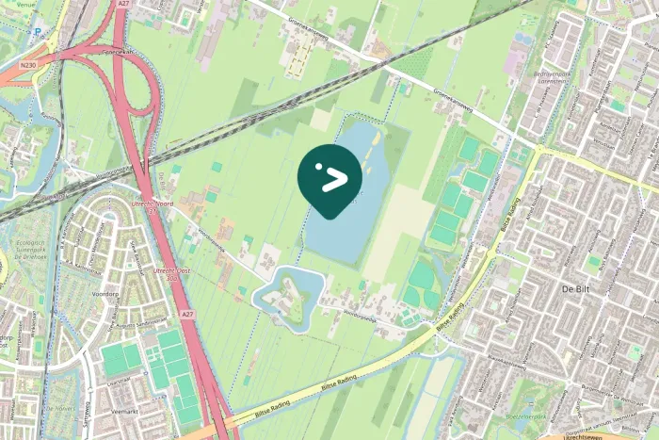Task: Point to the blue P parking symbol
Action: pyautogui.click(x=38, y=31)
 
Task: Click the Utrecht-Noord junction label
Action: pyautogui.click(x=154, y=204)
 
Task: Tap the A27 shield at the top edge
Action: pyautogui.click(x=123, y=4)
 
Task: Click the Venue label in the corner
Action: pyautogui.click(x=12, y=3)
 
